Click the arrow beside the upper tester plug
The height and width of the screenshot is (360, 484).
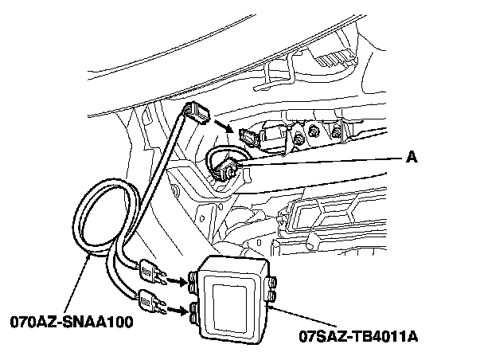(174, 280)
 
